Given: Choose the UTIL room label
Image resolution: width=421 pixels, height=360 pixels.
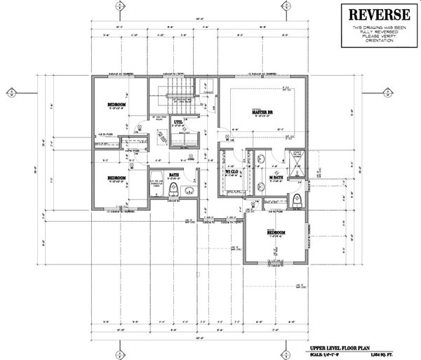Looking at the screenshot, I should (178, 122).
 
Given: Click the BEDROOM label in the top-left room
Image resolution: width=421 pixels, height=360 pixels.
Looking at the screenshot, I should (116, 105).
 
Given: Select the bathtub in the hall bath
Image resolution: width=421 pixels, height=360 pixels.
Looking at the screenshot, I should (158, 184).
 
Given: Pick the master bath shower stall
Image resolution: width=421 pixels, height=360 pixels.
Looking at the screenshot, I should (295, 163).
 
